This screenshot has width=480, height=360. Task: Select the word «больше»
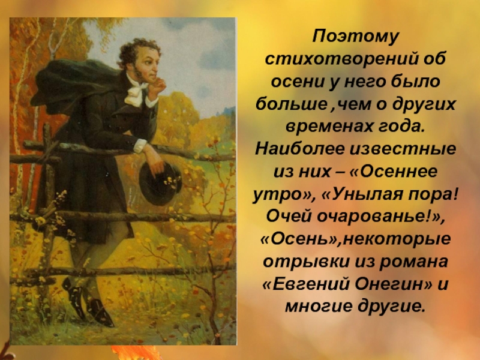292,104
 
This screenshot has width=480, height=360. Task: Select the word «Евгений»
307,284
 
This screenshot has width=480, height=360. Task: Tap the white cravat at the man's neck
134,92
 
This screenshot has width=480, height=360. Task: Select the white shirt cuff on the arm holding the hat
140,146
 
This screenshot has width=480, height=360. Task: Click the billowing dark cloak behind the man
73,81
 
